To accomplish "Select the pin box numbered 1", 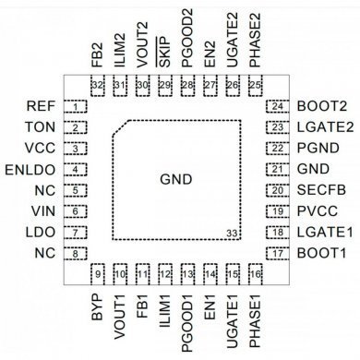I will (80, 106).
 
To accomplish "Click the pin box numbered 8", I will (80, 253).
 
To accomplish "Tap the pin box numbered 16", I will (255, 273).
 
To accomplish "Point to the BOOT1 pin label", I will (318, 253).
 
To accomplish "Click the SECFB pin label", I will (317, 190).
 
